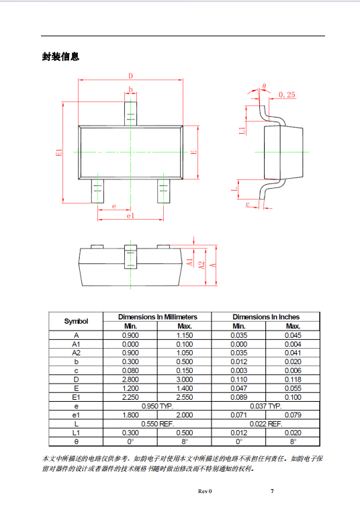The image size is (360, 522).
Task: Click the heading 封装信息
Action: coord(60,56)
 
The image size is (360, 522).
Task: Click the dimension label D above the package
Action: coord(130,76)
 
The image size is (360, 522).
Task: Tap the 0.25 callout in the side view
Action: coord(287,95)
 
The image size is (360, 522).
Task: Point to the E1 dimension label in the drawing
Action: coord(59,153)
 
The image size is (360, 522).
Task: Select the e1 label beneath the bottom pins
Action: coord(130,216)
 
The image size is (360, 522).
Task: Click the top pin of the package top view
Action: coord(130,114)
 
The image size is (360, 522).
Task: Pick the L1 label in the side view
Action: coord(242,130)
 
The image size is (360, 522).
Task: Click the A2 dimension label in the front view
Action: coord(201,265)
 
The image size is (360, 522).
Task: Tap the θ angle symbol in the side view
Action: coord(264,86)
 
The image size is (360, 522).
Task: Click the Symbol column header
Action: coord(76,321)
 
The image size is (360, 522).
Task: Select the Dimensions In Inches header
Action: coord(266,316)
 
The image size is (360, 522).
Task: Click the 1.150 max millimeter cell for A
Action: coord(184,335)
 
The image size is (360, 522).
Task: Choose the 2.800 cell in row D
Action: coord(130,380)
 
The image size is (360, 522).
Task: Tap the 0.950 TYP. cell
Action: coord(157,406)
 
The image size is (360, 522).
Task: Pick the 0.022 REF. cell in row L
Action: coord(266,424)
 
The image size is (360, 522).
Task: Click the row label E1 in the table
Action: coord(76,397)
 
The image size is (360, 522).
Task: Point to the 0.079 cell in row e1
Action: coord(293,415)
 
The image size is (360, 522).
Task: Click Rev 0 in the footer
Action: coord(205,491)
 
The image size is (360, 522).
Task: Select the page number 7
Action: coord(272,491)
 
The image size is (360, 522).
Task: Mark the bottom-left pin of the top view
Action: coord(97,191)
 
